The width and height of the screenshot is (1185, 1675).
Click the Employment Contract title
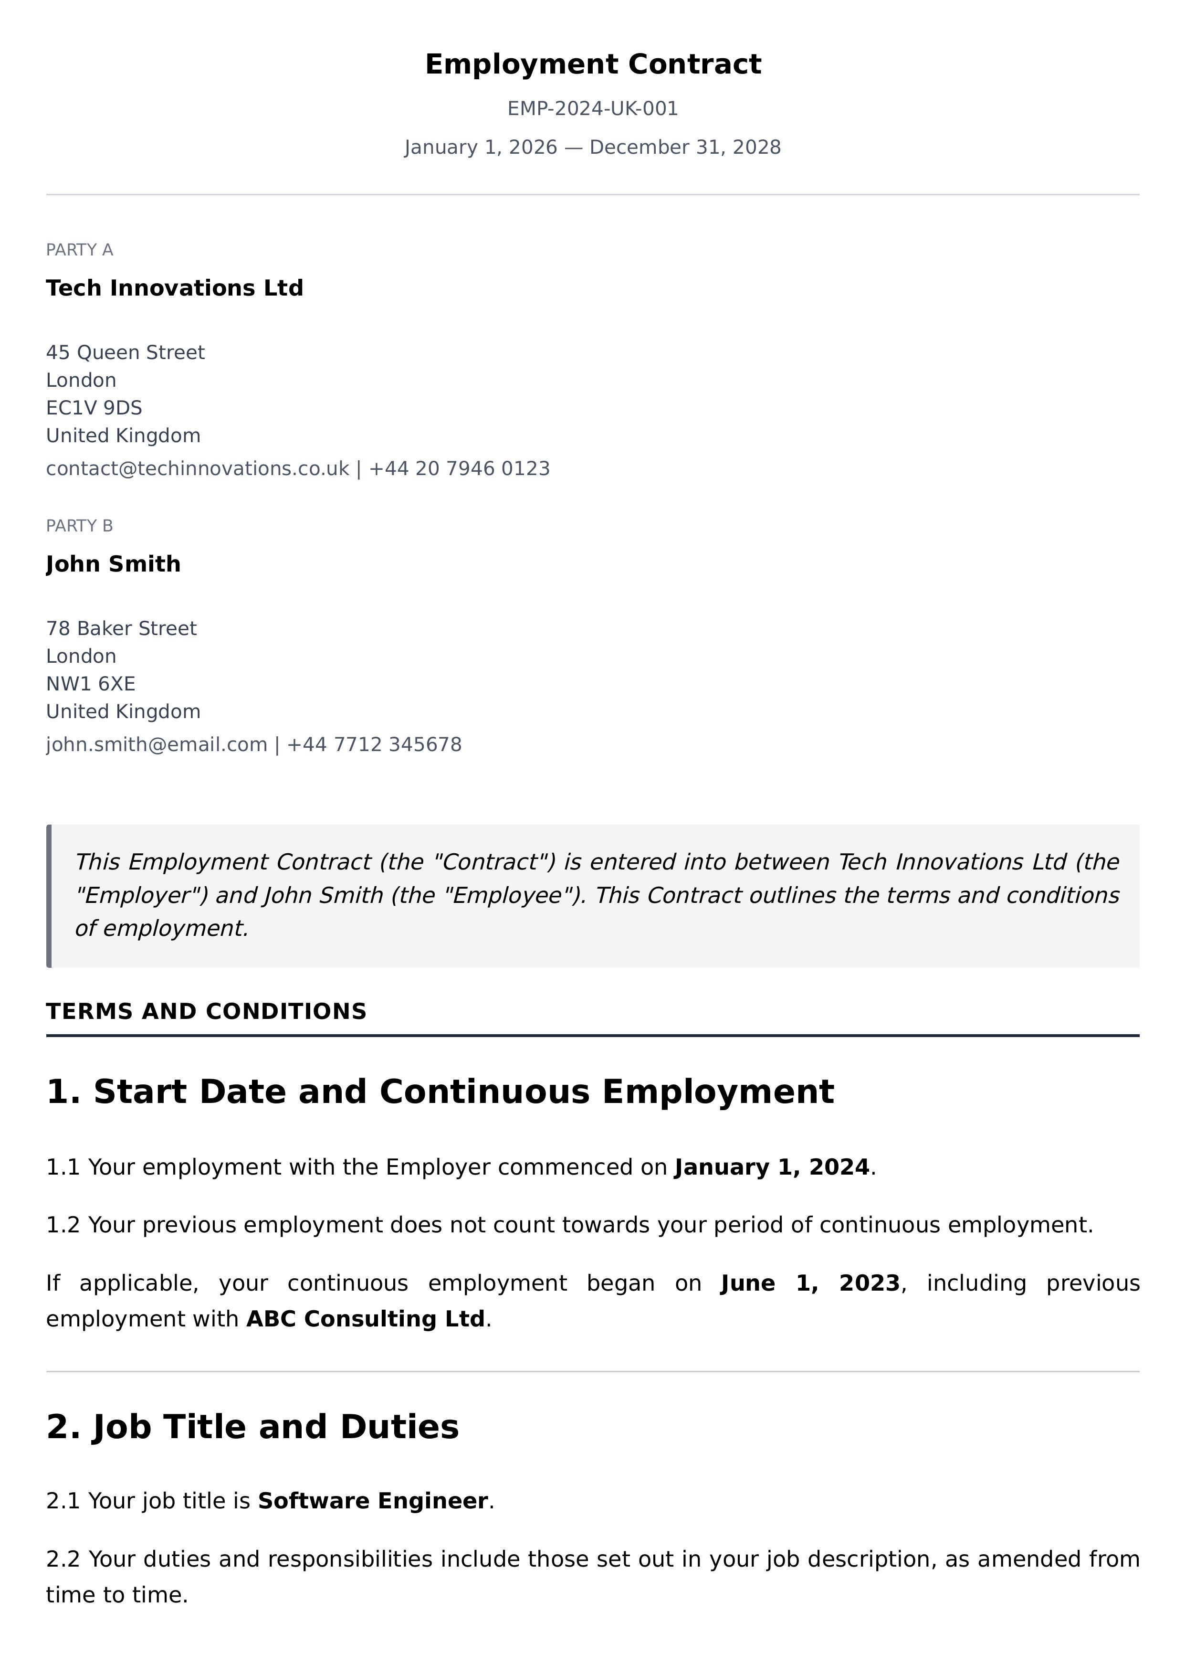point(593,64)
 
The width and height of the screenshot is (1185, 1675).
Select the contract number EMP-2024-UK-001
point(593,109)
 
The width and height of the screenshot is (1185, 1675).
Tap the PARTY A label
point(80,250)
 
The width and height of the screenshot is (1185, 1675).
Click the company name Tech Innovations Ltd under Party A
point(174,288)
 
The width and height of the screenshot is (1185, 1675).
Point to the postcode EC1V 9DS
point(94,408)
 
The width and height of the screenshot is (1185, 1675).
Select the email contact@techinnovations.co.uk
point(197,468)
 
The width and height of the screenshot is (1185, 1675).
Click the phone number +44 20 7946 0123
point(459,468)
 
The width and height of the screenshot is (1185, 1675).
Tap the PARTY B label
point(80,526)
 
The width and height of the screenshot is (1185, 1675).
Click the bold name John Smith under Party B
point(113,564)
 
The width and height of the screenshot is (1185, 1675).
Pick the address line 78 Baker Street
point(121,628)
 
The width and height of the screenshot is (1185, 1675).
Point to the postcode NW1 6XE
point(91,684)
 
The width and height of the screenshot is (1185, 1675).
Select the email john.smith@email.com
point(156,744)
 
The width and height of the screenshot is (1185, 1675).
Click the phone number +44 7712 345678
point(374,744)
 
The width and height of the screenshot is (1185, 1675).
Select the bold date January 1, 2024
point(772,1167)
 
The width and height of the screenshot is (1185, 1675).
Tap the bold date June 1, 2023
point(810,1283)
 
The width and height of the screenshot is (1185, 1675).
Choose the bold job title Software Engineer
point(373,1501)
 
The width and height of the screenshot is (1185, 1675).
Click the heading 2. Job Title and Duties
point(252,1427)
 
